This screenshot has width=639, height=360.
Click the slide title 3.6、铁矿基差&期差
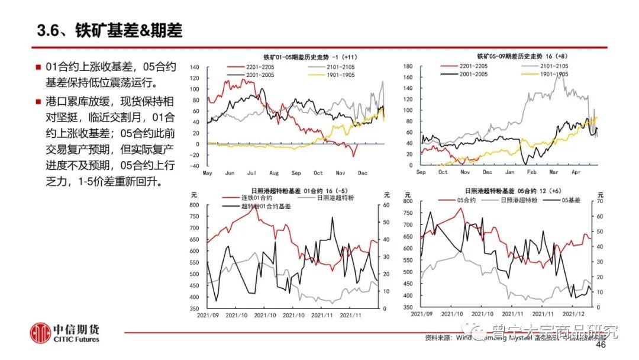click(x=109, y=31)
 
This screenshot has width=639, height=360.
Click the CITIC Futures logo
click(x=66, y=333)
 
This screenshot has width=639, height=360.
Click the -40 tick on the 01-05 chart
click(x=195, y=166)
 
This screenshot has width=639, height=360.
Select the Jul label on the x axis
click(x=251, y=173)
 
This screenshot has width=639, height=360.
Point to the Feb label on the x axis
click(x=531, y=171)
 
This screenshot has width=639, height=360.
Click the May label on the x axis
click(x=208, y=173)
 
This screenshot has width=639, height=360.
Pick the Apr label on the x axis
click(x=575, y=171)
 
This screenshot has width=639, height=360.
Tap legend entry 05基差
click(x=570, y=200)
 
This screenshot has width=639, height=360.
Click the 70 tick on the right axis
click(x=599, y=202)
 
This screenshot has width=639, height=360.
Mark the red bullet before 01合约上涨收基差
click(x=38, y=66)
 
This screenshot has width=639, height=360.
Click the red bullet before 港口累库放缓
click(x=38, y=99)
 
